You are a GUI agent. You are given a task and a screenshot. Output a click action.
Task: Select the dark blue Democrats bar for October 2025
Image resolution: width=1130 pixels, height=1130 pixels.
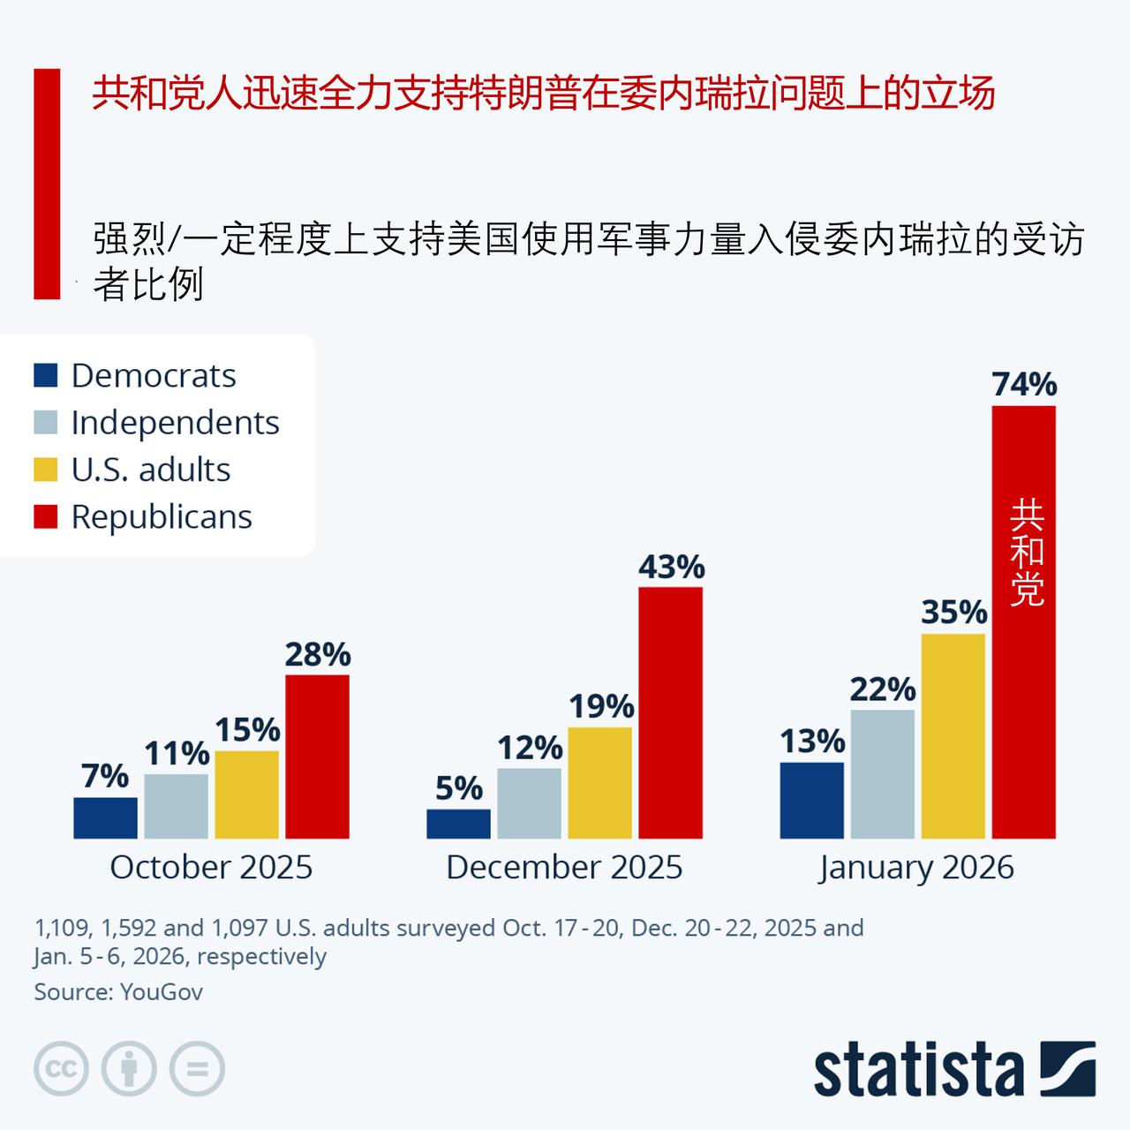click(x=105, y=817)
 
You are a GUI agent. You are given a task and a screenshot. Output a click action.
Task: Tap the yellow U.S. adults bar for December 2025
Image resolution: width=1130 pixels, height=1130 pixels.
click(x=599, y=782)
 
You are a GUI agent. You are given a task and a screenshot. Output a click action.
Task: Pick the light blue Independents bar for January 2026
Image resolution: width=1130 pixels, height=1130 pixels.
click(x=882, y=773)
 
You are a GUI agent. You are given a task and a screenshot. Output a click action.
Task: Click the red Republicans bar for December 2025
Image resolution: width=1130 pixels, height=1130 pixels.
click(x=670, y=712)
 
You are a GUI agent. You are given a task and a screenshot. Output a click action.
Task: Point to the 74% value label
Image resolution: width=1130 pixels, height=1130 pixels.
click(x=1024, y=385)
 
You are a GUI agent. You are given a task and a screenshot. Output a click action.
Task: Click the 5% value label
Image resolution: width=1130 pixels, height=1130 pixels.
click(x=459, y=788)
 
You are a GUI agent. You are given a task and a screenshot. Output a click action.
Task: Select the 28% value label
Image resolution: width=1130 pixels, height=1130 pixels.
click(x=318, y=655)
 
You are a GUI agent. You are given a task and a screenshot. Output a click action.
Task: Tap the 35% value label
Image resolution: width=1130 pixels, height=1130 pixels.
click(x=953, y=612)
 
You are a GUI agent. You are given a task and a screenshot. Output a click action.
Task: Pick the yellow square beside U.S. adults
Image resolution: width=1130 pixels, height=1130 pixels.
click(x=46, y=470)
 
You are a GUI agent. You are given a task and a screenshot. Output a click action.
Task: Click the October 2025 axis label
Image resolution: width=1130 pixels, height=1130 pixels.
click(x=211, y=867)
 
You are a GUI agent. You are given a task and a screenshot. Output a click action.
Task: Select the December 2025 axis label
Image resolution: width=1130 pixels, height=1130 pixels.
click(x=564, y=867)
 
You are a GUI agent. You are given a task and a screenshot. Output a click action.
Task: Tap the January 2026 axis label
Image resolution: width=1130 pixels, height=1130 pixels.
click(x=916, y=867)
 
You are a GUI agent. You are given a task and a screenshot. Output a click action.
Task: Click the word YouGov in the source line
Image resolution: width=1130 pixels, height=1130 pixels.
click(x=162, y=991)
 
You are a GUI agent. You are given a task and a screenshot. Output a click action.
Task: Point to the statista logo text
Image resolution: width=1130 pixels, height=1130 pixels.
click(x=918, y=1070)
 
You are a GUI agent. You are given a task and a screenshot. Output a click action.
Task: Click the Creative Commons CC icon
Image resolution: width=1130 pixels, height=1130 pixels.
click(x=61, y=1069)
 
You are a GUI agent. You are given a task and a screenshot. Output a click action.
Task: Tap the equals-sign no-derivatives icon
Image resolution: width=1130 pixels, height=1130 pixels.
click(x=197, y=1069)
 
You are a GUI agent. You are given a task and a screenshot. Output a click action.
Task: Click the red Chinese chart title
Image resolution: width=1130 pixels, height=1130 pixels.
click(x=544, y=93)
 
